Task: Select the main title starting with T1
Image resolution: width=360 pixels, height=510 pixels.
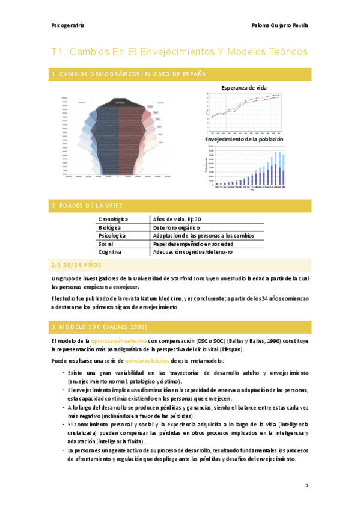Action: pos(179,52)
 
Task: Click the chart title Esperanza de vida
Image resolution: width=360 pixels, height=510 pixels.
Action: pos(244,87)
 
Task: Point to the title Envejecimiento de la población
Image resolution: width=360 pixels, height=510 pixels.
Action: pos(244,140)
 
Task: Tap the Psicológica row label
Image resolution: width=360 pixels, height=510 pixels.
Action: pos(112,236)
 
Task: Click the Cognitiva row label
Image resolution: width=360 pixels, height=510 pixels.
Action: pos(111,252)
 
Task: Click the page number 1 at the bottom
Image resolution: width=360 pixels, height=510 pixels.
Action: pos(306,485)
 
